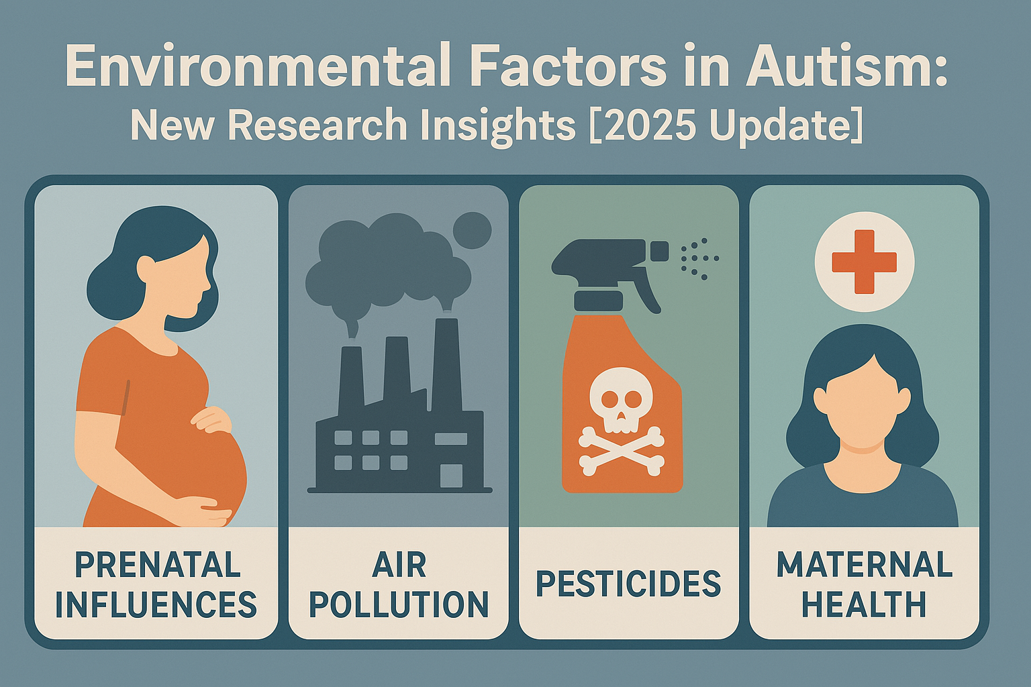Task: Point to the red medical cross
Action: coord(865,262)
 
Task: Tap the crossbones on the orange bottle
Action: coord(622,450)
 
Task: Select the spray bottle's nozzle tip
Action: coord(660,252)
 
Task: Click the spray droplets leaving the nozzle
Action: coord(699,258)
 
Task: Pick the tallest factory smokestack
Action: coord(446,364)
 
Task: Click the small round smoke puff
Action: coord(473,231)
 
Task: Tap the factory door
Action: coord(451,476)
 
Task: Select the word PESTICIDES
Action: coord(628,584)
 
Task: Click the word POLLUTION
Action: coord(399,604)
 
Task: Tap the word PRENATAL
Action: coord(158,565)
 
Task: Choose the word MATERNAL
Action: coord(865,564)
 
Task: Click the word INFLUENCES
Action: coord(156,604)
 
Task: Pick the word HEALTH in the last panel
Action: coord(865,604)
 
